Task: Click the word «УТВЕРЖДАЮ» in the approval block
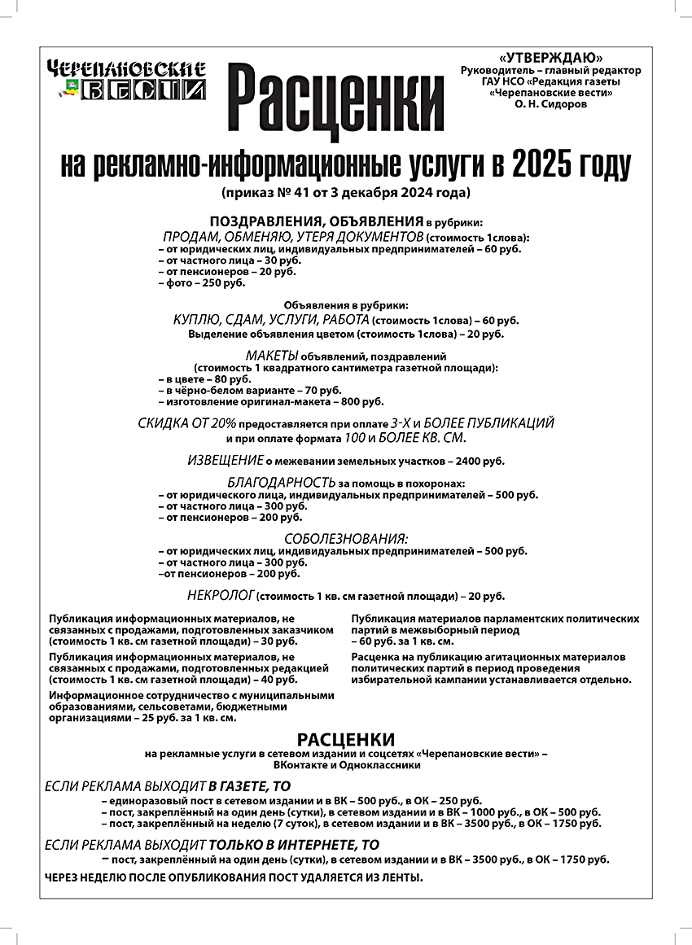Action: (x=553, y=58)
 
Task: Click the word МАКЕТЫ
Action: (x=272, y=356)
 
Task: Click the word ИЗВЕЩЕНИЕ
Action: (x=226, y=460)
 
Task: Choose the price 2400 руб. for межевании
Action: (x=480, y=462)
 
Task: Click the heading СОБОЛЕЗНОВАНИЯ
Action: (x=345, y=538)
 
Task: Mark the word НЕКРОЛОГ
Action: (x=221, y=594)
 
